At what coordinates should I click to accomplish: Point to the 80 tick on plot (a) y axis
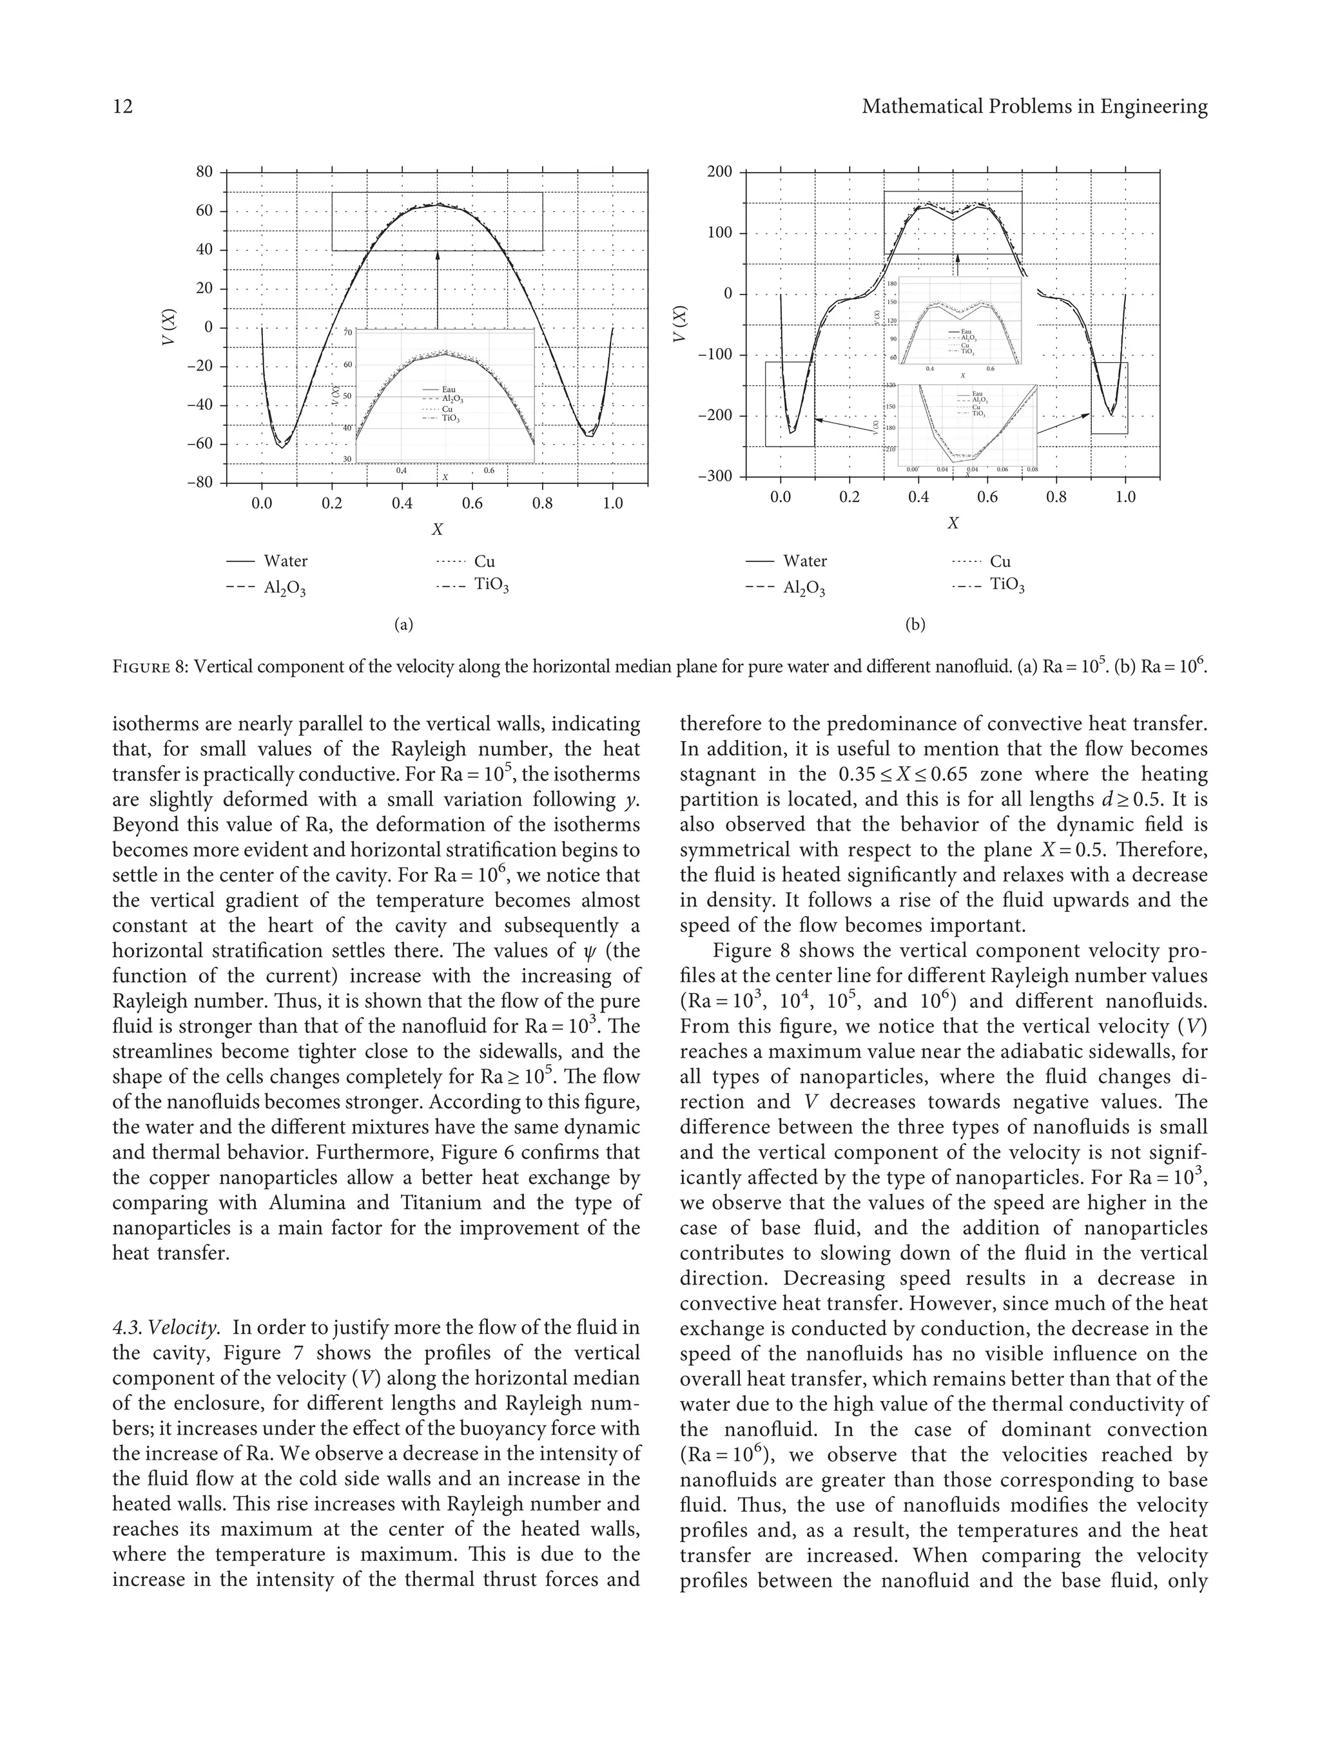(x=204, y=172)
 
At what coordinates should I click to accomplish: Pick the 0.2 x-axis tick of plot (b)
(x=849, y=498)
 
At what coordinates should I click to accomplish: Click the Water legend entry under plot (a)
(x=285, y=561)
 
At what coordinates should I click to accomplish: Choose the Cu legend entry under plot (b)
(x=1000, y=561)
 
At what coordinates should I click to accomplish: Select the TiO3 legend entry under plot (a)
(x=491, y=586)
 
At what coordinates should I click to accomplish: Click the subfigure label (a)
(x=403, y=624)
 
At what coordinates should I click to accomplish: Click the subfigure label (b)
(x=915, y=624)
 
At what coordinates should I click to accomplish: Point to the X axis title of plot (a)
(x=437, y=529)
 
